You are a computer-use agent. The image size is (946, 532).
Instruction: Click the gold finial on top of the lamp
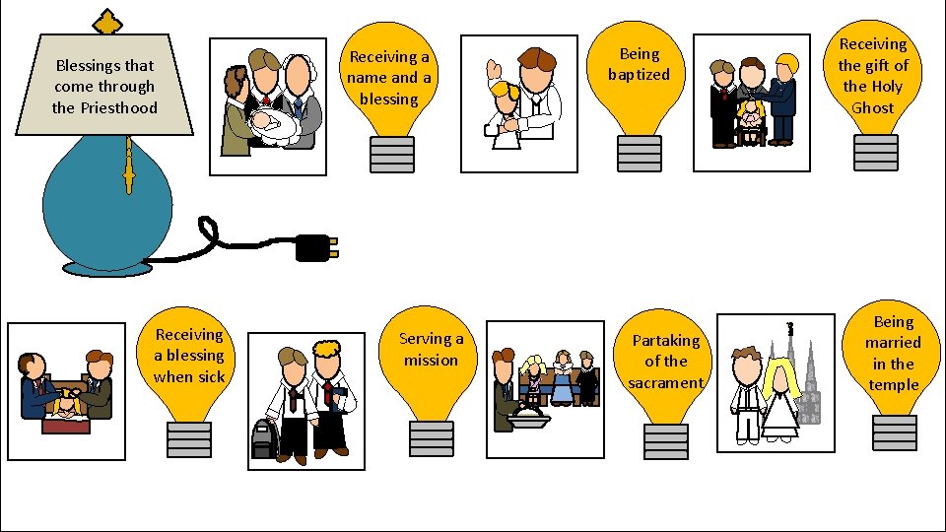point(102,21)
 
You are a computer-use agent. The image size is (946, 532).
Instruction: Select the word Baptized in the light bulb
point(639,75)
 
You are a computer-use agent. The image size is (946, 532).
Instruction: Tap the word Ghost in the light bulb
point(872,108)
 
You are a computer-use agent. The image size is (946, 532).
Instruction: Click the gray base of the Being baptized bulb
point(639,153)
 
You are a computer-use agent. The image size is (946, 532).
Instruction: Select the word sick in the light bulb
point(209,377)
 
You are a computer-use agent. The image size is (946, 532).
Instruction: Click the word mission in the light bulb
point(431,361)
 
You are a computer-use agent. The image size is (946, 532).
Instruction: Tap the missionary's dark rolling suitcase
point(264,439)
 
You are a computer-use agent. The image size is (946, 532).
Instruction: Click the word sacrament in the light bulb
point(666,383)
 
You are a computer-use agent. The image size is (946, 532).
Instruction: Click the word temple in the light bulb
point(894,385)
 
